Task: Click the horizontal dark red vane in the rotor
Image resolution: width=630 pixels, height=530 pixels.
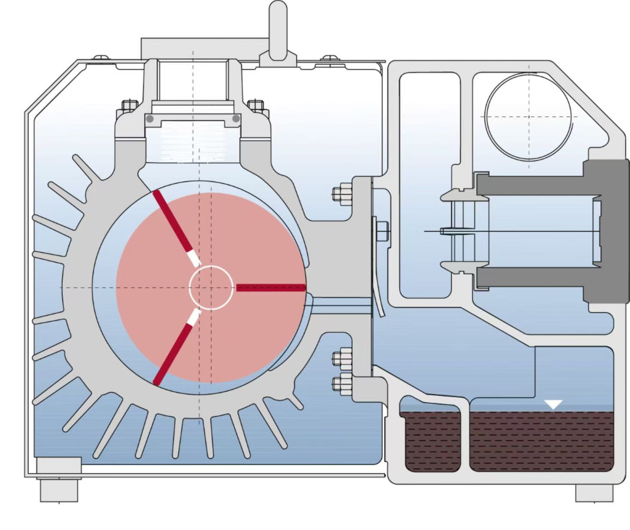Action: click(x=271, y=287)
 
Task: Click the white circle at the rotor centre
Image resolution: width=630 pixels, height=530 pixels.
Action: click(x=211, y=288)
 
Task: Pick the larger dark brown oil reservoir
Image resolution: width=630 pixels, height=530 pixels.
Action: click(x=541, y=440)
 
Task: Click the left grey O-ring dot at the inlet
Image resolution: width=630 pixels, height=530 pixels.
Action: click(x=150, y=118)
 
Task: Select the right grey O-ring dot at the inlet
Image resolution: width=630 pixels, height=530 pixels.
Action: click(x=236, y=118)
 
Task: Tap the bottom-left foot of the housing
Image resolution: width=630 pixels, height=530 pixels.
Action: click(x=59, y=490)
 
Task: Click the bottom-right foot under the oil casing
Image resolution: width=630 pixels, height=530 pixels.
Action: click(x=594, y=493)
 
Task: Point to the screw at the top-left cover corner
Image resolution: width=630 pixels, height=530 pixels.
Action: click(x=101, y=58)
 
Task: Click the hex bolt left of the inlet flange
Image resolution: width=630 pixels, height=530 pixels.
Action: click(x=129, y=105)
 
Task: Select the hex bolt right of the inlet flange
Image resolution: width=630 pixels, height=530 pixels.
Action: click(x=256, y=105)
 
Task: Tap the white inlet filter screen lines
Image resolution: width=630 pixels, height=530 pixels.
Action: click(x=193, y=142)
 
